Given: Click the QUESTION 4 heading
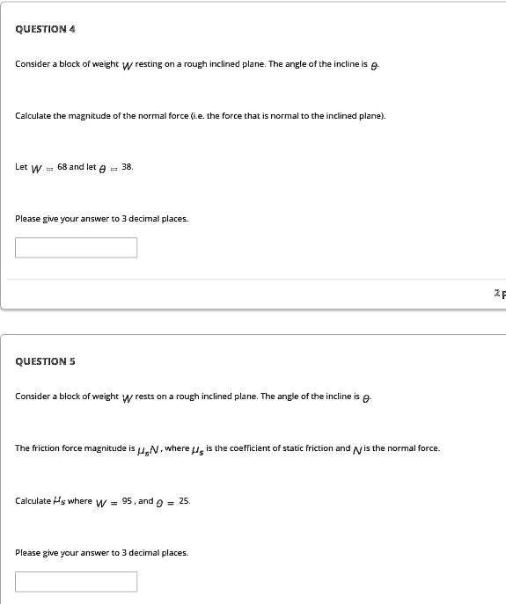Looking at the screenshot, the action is (x=45, y=29).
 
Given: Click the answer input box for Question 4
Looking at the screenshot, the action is (x=76, y=247).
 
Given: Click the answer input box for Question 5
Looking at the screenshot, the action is (x=76, y=581).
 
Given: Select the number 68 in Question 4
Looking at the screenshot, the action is (x=62, y=166).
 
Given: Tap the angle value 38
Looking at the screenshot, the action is (x=127, y=166).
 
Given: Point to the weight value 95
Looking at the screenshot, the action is (x=125, y=500).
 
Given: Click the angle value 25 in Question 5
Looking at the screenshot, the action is (x=183, y=500).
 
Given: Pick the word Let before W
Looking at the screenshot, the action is (x=21, y=166).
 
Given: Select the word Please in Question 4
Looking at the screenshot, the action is (x=28, y=218).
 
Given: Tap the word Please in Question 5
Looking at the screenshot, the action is (x=28, y=552).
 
